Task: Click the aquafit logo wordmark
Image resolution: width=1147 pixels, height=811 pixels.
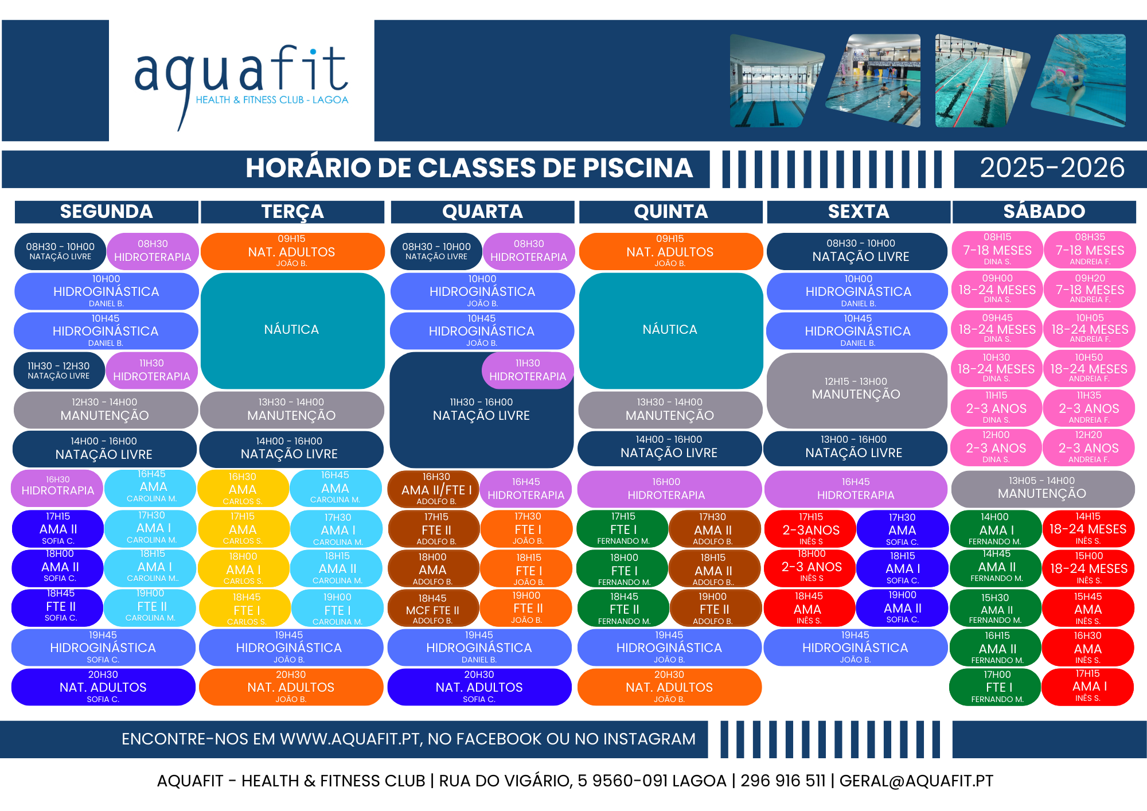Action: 241,86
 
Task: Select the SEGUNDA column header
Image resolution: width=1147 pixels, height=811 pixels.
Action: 107,212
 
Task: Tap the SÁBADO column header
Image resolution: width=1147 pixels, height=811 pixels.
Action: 1044,212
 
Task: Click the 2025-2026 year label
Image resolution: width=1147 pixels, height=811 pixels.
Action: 1052,168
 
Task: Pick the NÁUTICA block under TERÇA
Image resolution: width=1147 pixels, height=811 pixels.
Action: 292,330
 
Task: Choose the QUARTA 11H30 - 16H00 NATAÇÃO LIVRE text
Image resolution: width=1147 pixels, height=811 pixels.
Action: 481,410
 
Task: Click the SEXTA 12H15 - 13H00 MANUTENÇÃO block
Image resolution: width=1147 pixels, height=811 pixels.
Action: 856,390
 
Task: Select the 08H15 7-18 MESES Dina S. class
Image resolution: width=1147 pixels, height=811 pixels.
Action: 997,249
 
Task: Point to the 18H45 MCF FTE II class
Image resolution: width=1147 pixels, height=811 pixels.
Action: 433,609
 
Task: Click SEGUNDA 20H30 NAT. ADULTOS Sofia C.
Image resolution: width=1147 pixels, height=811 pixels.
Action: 103,687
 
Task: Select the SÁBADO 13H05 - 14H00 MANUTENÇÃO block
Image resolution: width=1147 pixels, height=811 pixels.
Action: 1043,488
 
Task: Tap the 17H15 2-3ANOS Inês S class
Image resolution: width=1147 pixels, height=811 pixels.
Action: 810,528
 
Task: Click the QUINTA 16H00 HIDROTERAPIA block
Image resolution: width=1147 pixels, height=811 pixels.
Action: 669,489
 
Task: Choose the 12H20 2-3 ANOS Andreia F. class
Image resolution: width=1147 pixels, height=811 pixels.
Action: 1089,447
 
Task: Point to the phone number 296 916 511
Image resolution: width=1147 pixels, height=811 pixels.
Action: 783,781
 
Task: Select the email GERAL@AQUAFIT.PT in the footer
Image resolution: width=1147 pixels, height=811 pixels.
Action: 916,781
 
